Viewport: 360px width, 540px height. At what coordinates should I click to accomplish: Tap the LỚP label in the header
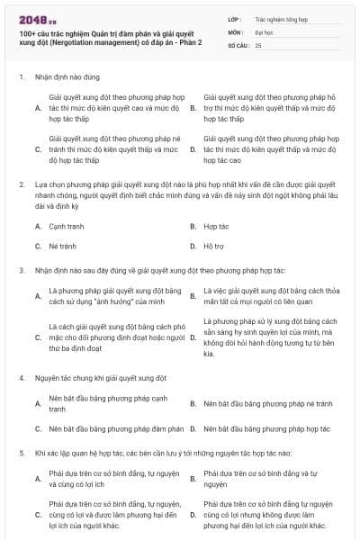point(236,17)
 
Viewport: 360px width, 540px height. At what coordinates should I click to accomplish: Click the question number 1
point(21,77)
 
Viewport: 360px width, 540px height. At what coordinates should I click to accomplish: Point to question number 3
point(21,269)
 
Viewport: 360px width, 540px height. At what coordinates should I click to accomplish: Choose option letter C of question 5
point(38,515)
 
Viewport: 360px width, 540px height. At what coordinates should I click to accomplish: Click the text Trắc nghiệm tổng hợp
point(279,17)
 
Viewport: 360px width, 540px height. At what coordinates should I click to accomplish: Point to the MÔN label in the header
point(237,31)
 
